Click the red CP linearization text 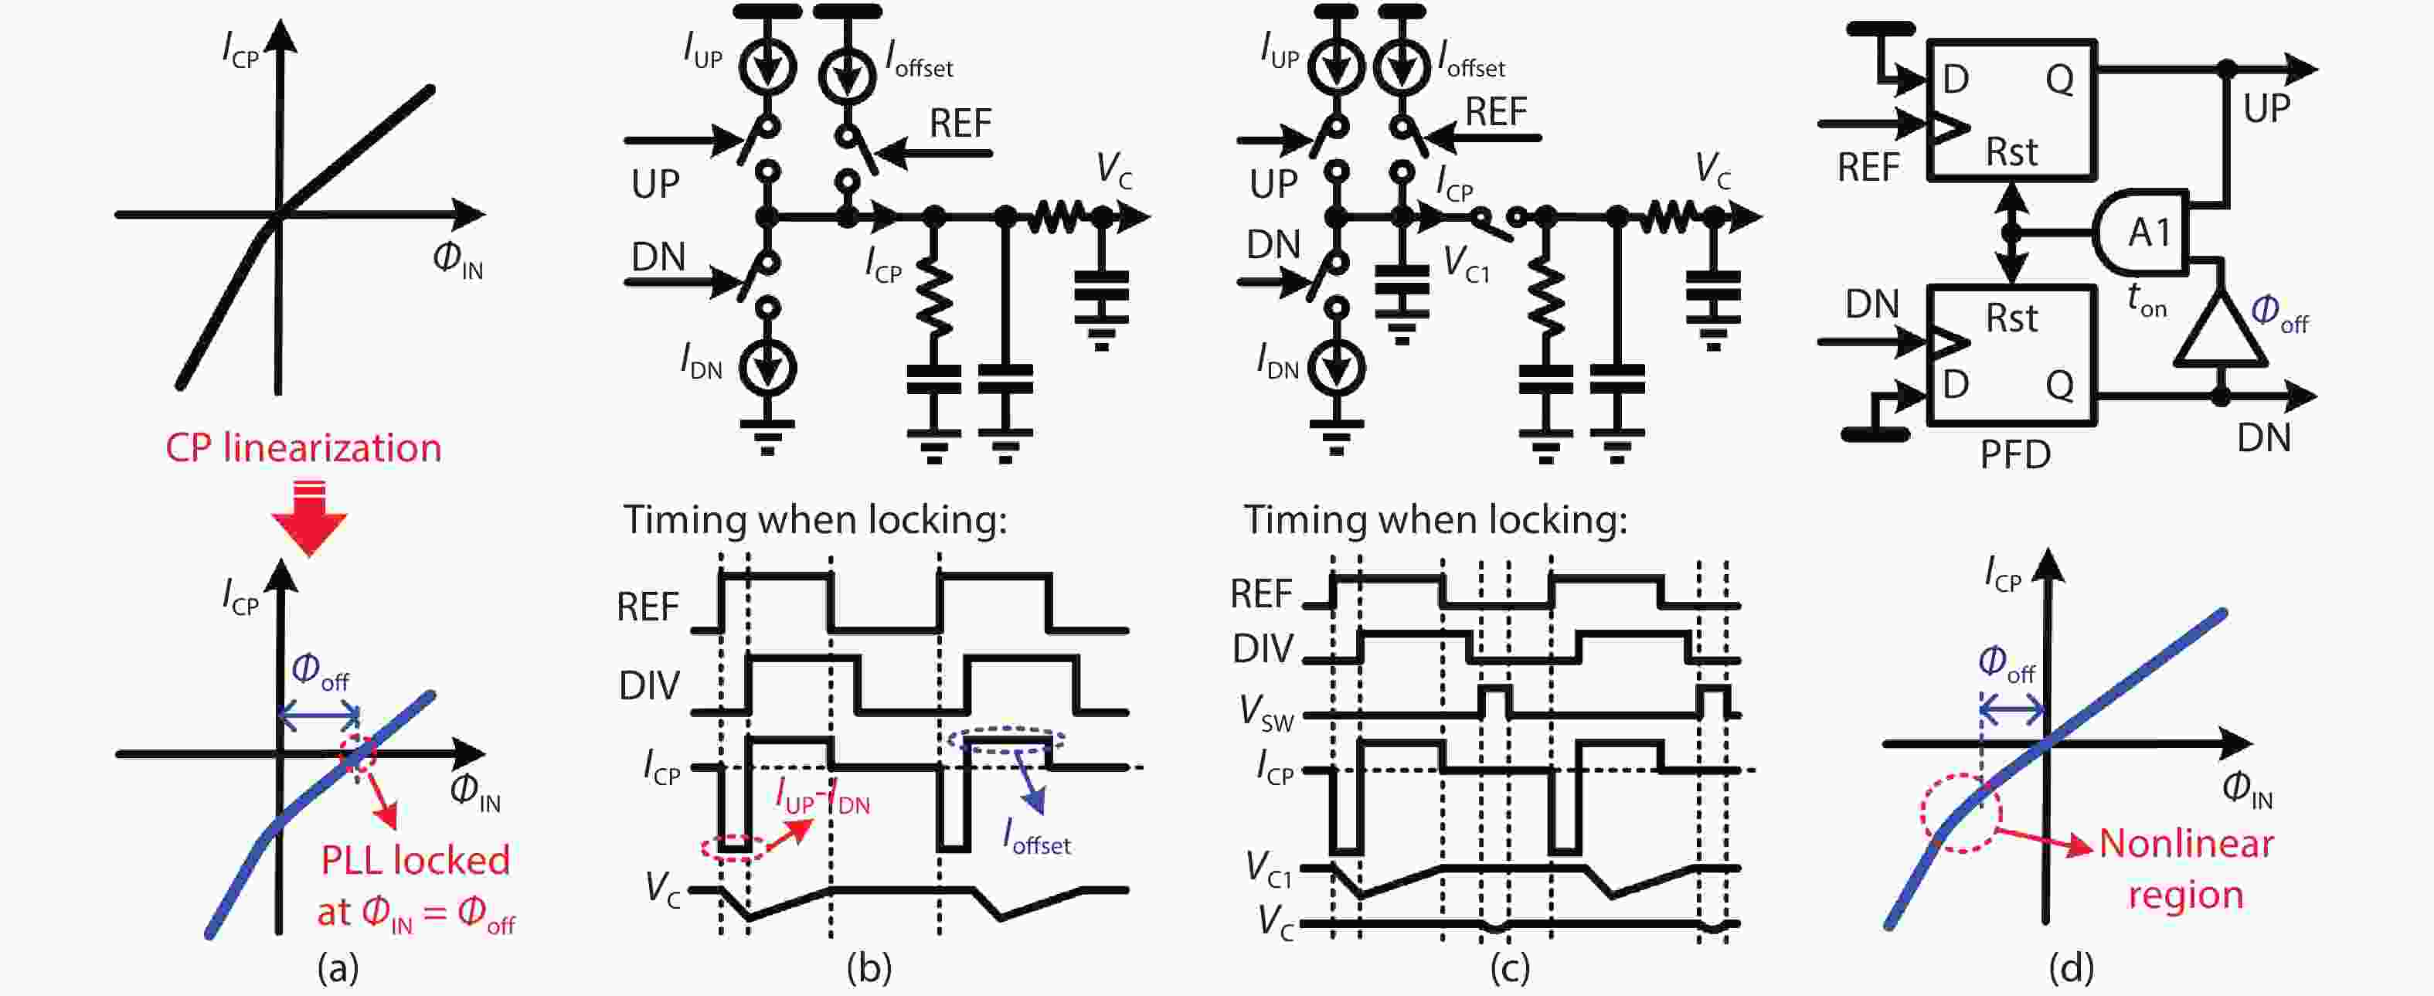click(304, 448)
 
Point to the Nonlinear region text click(2185, 868)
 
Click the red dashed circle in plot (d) click(1960, 814)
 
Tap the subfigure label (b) click(869, 967)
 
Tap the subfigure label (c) click(1509, 967)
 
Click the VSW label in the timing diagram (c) click(1266, 713)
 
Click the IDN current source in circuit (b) click(767, 367)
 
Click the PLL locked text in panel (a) click(416, 861)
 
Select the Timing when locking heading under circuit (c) click(1434, 520)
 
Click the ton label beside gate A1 click(2146, 301)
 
